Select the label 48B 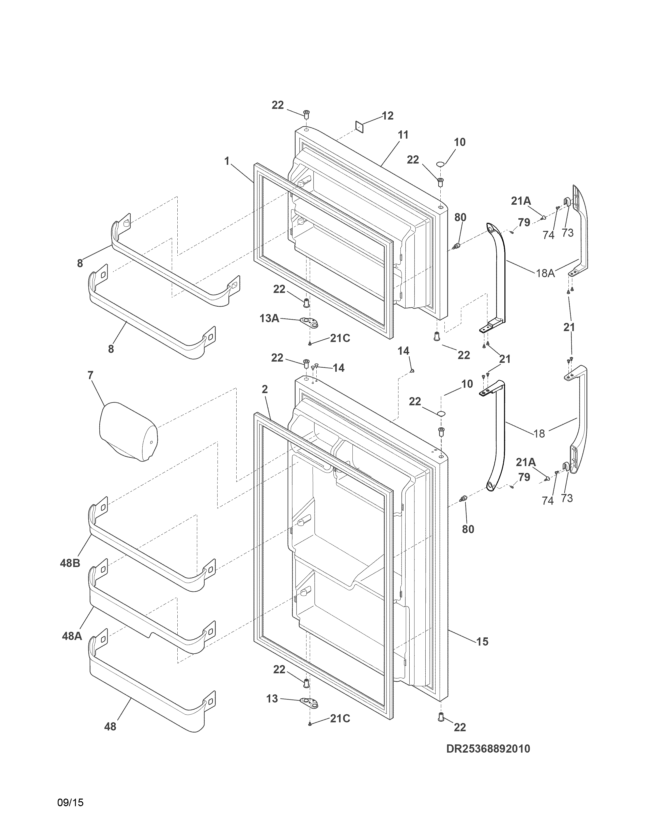point(70,563)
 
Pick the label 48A point(72,636)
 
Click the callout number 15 point(482,641)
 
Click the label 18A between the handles point(545,273)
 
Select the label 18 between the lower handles point(539,433)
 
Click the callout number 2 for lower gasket point(265,389)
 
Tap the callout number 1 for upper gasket point(227,161)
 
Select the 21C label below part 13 point(340,718)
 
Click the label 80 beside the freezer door point(460,217)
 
